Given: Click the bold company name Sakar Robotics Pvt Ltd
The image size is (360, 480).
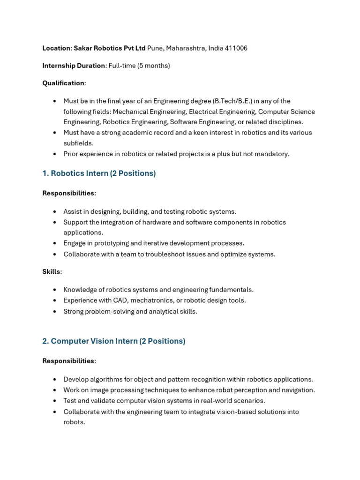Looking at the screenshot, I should [x=110, y=48].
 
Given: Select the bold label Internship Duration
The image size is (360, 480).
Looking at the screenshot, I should [x=74, y=66].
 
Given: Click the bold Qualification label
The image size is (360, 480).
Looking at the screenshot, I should [x=63, y=83].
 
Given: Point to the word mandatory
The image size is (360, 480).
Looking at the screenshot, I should [x=273, y=154].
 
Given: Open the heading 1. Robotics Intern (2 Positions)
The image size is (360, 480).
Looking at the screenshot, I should [x=99, y=173].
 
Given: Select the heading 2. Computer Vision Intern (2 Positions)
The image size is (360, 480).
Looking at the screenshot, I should [x=113, y=341].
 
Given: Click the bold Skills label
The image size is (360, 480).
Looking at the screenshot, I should [x=51, y=272].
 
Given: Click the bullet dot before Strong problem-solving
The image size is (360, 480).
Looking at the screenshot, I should [x=55, y=312].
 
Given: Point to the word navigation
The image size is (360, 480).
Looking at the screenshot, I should [x=297, y=390].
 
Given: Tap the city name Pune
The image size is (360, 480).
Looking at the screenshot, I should [x=155, y=48].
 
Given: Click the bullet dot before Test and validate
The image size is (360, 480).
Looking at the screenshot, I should [x=55, y=401].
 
